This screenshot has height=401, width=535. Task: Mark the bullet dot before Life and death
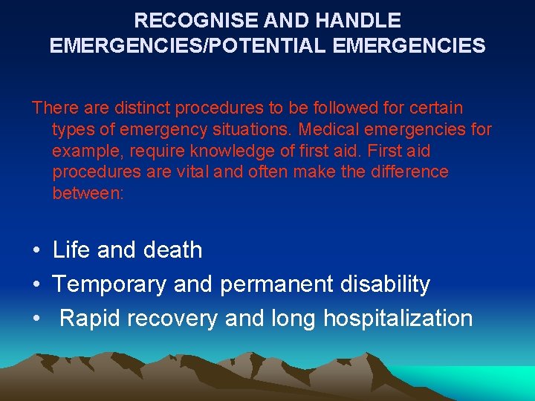point(36,251)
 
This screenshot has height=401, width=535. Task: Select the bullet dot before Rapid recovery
point(36,319)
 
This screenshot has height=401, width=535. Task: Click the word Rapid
point(91,319)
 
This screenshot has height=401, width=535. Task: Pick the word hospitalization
point(398,319)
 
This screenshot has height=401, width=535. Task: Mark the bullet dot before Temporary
point(36,285)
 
